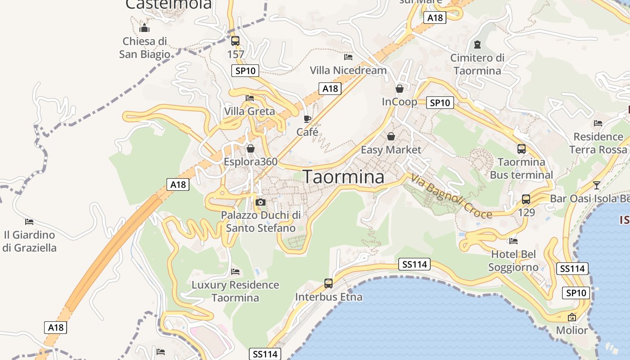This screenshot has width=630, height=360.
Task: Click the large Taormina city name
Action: [344, 177]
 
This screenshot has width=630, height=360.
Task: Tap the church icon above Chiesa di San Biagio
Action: [144, 28]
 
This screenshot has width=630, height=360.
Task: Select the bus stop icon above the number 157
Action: [235, 41]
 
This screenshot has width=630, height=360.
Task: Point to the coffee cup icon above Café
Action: [307, 119]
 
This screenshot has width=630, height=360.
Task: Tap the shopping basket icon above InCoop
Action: [399, 89]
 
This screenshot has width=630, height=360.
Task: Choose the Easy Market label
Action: [391, 149]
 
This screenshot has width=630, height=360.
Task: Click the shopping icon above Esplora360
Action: [251, 148]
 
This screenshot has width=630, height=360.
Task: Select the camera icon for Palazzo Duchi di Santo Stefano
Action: [261, 202]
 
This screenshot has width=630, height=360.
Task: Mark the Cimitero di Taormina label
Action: [477, 64]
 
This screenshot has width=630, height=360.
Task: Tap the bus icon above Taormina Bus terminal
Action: [521, 149]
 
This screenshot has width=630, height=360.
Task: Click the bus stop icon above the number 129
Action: [526, 199]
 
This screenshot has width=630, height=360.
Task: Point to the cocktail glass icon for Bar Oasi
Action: [596, 185]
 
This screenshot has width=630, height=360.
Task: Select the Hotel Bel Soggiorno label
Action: [513, 261]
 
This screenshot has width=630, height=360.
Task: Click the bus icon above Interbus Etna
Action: [328, 283]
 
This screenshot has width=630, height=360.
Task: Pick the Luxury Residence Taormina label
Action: [235, 291]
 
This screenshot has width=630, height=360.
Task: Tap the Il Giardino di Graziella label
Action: [29, 241]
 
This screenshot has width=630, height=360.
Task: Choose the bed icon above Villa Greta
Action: [250, 98]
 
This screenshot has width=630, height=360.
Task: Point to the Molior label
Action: [572, 330]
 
